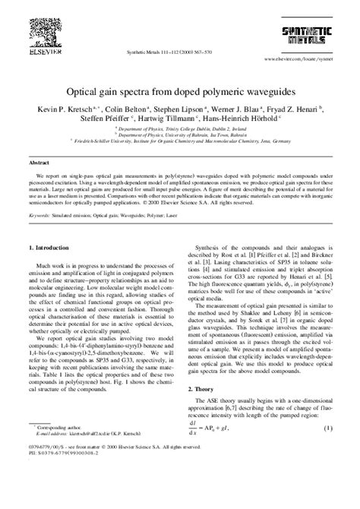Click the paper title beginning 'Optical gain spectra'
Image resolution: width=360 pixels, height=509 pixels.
[179, 88]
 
